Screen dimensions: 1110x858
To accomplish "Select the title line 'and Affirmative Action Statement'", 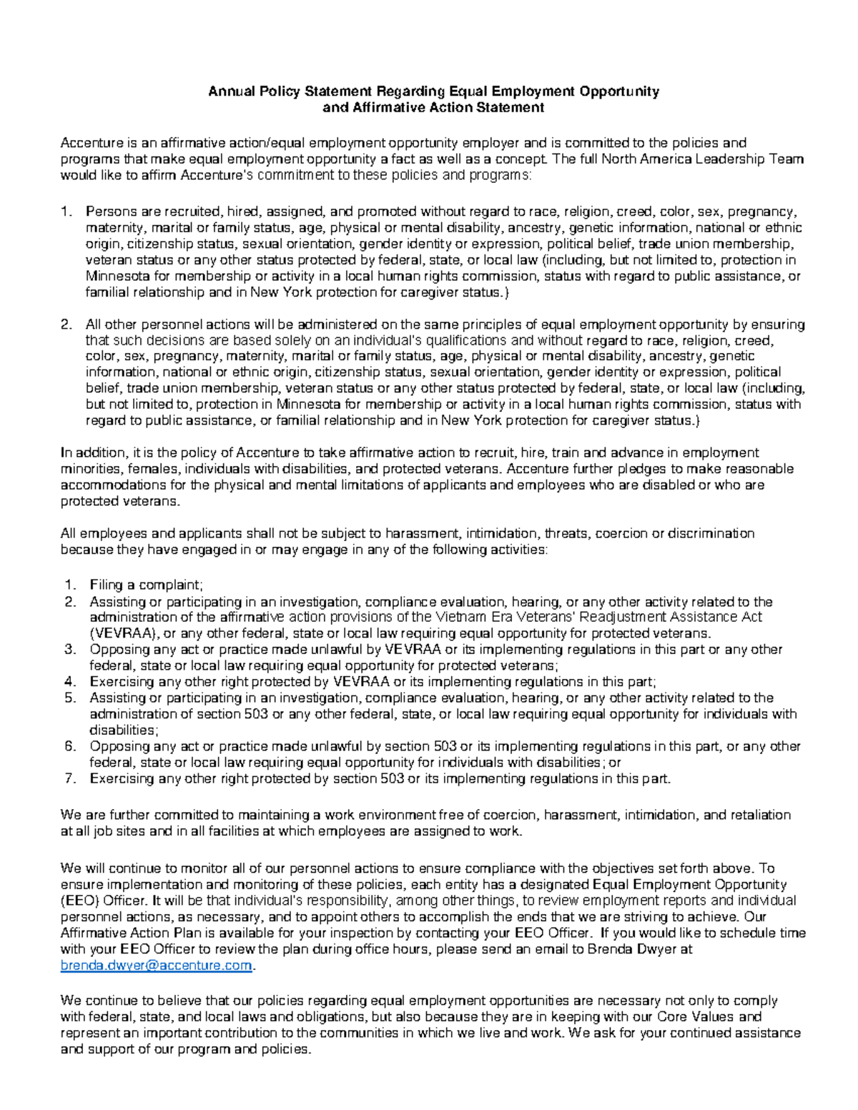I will (x=433, y=108).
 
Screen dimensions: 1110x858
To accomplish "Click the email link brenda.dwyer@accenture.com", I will (x=157, y=966).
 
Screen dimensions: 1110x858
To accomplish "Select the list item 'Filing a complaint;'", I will (x=147, y=585).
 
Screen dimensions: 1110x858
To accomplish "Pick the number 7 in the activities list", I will (x=69, y=779).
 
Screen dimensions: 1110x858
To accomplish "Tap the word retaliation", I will (x=756, y=815).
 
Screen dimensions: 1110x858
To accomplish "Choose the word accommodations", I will (x=124, y=485).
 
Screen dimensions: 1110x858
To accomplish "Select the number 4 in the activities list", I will (x=69, y=682).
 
